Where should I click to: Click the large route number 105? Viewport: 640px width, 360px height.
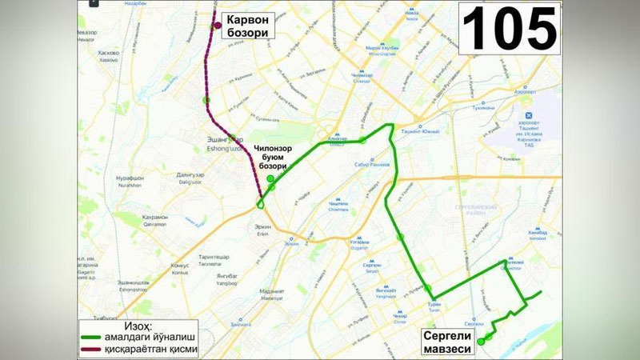509,29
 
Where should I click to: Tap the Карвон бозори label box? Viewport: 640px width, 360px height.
246,26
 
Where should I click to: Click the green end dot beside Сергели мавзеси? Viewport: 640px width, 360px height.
482,342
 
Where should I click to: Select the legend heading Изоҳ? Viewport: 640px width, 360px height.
141,326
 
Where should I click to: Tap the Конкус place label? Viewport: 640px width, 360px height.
180,266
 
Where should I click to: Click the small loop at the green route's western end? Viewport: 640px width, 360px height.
262,205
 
